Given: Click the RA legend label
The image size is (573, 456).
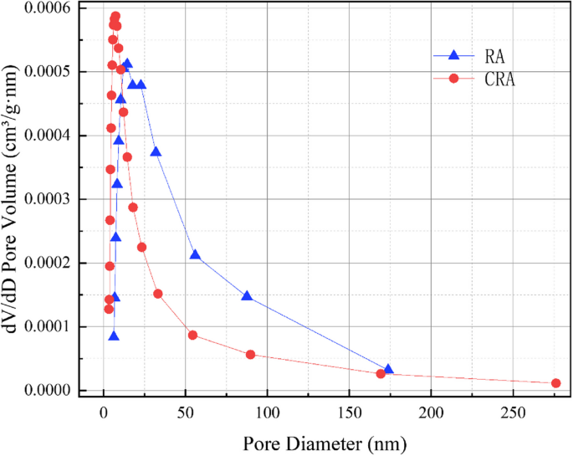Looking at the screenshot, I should pyautogui.click(x=494, y=56).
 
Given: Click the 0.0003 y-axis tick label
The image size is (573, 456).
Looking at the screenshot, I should pyautogui.click(x=41, y=199).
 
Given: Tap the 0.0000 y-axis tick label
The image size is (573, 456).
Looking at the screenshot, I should pyautogui.click(x=41, y=390).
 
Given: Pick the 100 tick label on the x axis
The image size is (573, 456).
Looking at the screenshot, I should pyautogui.click(x=267, y=412).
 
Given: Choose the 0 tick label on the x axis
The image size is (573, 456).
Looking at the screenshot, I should pyautogui.click(x=103, y=412).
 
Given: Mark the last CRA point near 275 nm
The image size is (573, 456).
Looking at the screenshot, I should pyautogui.click(x=556, y=383).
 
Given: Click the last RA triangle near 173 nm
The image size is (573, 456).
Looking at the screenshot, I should pyautogui.click(x=388, y=369).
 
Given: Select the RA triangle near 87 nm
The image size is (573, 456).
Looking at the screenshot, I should pyautogui.click(x=247, y=296).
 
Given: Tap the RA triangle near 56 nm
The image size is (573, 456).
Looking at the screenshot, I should pyautogui.click(x=196, y=254).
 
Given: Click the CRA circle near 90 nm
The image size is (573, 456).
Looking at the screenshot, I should pyautogui.click(x=250, y=355).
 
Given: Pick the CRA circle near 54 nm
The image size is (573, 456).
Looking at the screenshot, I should pyautogui.click(x=192, y=335).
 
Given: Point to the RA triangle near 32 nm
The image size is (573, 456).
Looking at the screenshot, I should pyautogui.click(x=156, y=151).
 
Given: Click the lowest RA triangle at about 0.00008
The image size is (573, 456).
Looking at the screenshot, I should pyautogui.click(x=114, y=336).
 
